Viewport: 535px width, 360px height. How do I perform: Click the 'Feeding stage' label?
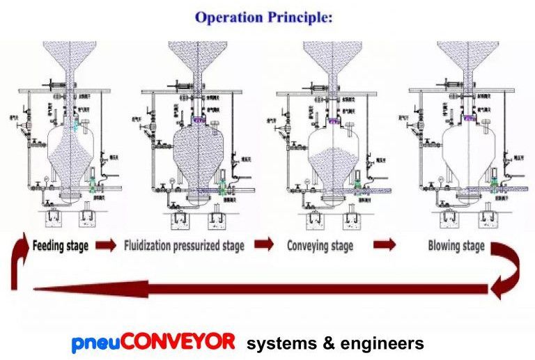click(x=60, y=246)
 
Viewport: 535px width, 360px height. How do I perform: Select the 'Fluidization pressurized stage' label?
click(x=184, y=246)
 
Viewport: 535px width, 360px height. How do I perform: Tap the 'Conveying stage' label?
click(x=320, y=246)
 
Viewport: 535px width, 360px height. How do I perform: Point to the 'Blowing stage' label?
click(x=456, y=246)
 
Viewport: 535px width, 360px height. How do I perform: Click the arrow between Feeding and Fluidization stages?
click(x=105, y=245)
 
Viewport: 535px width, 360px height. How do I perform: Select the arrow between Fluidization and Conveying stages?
click(x=264, y=244)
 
